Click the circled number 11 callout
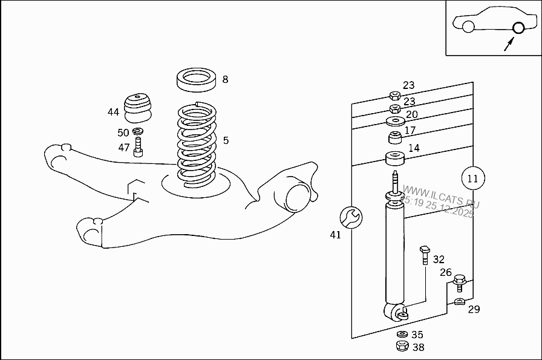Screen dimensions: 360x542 (472, 178)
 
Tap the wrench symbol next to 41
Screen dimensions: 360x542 (351, 216)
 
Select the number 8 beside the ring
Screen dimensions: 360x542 (225, 79)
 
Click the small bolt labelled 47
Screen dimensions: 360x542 (138, 147)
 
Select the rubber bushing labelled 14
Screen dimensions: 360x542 (395, 160)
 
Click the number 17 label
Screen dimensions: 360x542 (410, 130)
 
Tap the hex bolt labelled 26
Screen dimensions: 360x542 (460, 281)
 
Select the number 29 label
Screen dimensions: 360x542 (474, 309)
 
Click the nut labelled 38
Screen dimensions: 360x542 (401, 347)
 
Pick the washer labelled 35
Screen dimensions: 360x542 (402, 334)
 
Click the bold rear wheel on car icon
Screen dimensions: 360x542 (518, 27)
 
